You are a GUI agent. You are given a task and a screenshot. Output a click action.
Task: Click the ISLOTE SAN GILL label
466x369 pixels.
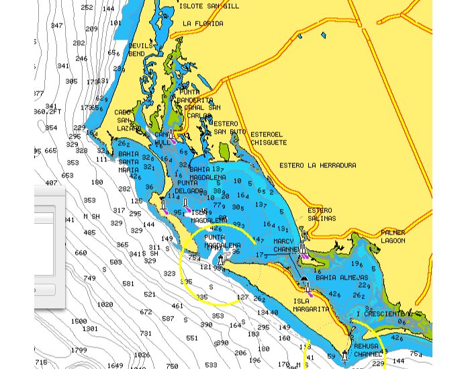[x=209, y=6]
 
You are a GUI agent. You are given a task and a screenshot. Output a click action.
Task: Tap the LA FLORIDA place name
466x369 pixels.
[x=203, y=24]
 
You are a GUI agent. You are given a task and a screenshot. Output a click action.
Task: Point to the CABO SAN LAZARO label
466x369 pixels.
[x=128, y=120]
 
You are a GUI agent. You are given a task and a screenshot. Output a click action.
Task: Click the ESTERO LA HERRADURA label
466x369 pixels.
[x=318, y=165]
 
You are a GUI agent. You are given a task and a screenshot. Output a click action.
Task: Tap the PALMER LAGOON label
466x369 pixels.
[x=393, y=237]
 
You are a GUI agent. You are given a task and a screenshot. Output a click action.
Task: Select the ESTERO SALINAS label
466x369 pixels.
[x=320, y=214]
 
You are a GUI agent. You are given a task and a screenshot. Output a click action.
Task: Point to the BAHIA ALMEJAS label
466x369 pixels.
[x=342, y=278]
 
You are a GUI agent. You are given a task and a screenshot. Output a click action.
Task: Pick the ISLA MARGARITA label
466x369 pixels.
[x=311, y=305]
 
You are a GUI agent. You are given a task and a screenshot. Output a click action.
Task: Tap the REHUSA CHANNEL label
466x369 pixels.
[x=367, y=350]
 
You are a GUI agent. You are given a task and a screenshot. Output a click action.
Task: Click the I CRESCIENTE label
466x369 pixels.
[x=380, y=314]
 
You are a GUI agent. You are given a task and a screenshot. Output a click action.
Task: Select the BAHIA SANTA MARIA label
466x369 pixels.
[x=128, y=162]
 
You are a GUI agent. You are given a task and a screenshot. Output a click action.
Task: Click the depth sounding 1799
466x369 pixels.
[x=79, y=350]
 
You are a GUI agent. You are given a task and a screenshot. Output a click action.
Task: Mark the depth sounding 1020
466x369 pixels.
[x=105, y=304]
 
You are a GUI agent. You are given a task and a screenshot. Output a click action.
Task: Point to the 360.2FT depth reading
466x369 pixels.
[x=48, y=112]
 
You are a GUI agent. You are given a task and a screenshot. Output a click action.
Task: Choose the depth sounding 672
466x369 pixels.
[x=146, y=312]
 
